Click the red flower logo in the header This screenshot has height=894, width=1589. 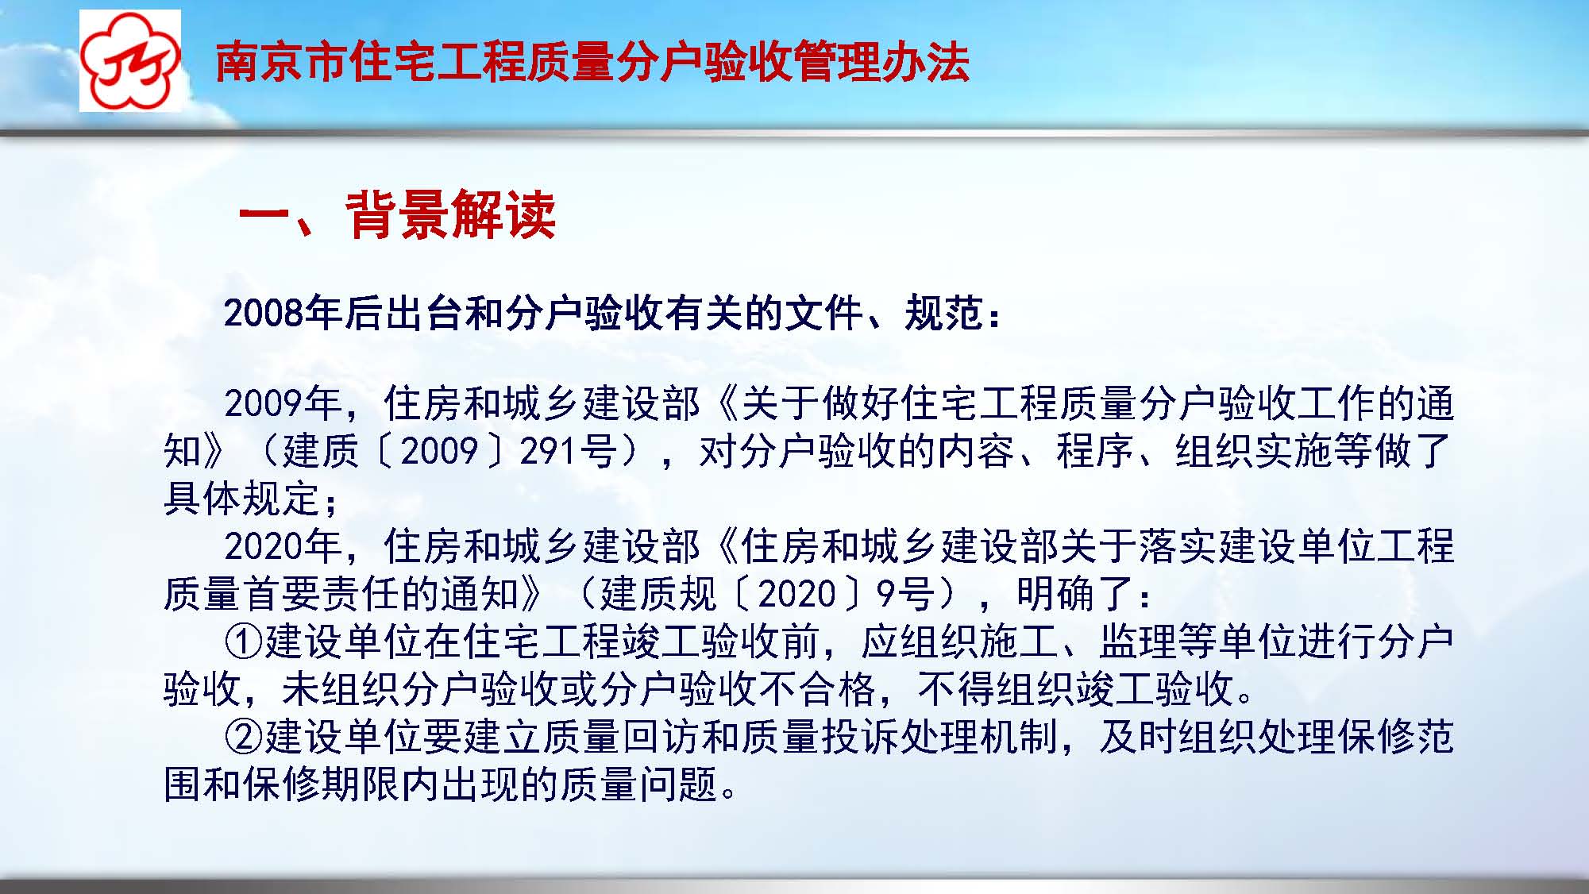click(130, 61)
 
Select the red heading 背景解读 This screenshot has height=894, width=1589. click(450, 214)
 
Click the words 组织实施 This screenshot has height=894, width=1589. click(1254, 451)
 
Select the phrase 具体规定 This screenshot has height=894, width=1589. click(242, 499)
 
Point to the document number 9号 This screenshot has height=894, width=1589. click(905, 594)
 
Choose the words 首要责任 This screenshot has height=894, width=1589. click(322, 594)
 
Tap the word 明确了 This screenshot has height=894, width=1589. click(1075, 594)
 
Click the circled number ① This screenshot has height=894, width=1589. click(244, 642)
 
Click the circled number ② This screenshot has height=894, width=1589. click(244, 737)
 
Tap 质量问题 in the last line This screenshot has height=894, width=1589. click(639, 784)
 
